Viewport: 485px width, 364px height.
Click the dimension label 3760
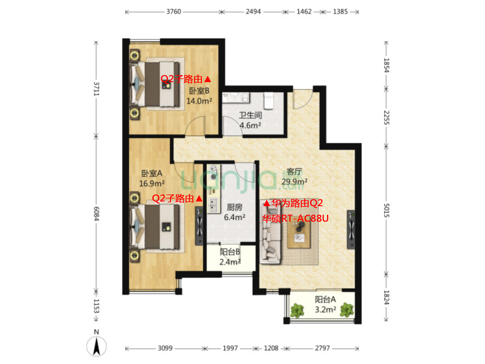click(173, 12)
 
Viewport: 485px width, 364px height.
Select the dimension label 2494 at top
click(253, 12)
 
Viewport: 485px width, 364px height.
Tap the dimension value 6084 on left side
click(96, 214)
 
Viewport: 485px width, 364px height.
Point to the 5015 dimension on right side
click(386, 210)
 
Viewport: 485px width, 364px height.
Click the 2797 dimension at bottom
click(322, 348)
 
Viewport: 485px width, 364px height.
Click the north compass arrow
click(96, 346)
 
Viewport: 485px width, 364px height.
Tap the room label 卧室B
click(199, 91)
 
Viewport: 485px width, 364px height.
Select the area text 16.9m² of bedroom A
click(152, 183)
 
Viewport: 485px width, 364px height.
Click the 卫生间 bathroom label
click(251, 115)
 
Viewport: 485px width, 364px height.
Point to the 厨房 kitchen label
click(234, 207)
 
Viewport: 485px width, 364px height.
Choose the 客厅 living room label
click(294, 172)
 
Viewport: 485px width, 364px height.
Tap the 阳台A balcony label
click(325, 299)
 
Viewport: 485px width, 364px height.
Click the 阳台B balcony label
click(230, 252)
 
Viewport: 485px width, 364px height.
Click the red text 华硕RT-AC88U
click(295, 219)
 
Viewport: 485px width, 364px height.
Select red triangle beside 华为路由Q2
click(266, 204)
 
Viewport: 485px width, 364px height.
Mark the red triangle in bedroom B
click(208, 80)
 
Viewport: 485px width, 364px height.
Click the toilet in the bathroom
click(269, 101)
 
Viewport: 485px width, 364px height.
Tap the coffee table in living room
click(299, 234)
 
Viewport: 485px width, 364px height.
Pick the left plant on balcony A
click(297, 311)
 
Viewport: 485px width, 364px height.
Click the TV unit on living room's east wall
click(351, 230)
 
